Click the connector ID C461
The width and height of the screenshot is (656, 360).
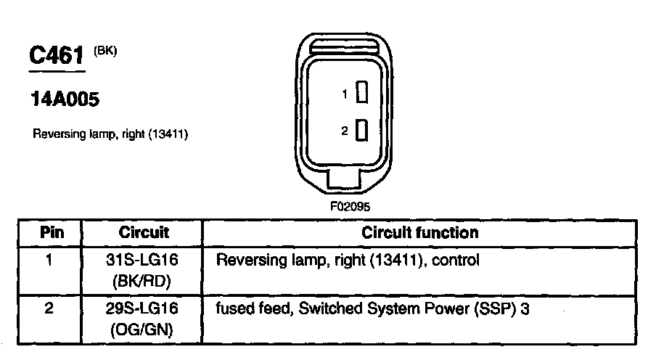[57, 56]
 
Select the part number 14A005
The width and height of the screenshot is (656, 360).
[64, 100]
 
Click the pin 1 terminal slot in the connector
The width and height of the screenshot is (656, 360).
[364, 94]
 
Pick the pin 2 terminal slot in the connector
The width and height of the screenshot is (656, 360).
[364, 131]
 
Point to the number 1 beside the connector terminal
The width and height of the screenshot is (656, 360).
[347, 94]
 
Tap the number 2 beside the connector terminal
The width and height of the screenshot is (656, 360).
[346, 131]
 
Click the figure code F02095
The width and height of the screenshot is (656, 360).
[350, 206]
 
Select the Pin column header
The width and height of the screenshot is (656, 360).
[51, 233]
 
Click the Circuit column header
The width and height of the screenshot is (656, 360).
[143, 233]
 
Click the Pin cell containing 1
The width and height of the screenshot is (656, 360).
[49, 260]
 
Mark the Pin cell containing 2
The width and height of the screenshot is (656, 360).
[49, 308]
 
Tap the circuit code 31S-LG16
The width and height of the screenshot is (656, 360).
[143, 260]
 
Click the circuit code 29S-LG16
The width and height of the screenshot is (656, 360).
[143, 308]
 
